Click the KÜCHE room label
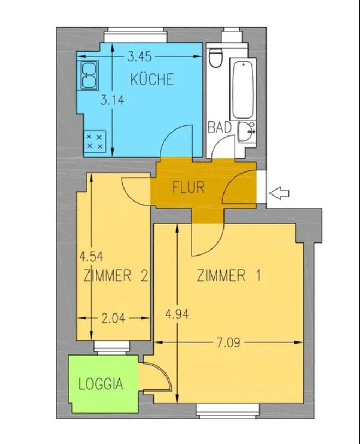coord(152,79)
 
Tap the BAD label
coord(220,127)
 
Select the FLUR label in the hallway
coord(188,187)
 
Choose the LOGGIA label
coord(101,384)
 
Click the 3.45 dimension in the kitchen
coord(140,57)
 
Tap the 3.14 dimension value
coord(112,100)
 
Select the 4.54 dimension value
coord(91,257)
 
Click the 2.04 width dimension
coord(113,319)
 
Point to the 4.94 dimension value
coord(177,314)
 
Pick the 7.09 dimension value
coord(228,342)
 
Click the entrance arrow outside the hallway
coord(279,193)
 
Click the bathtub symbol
coord(243,90)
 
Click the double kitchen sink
coord(89,75)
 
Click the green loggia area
coord(104,384)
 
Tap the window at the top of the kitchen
coord(135,35)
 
